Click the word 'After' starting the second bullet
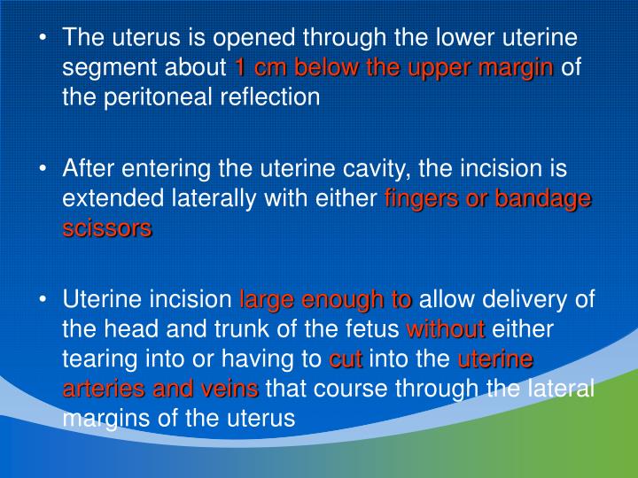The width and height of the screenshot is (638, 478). (x=89, y=168)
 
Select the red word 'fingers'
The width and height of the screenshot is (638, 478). (x=422, y=198)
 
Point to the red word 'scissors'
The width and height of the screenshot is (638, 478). (x=107, y=227)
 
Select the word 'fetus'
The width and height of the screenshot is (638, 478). (x=370, y=329)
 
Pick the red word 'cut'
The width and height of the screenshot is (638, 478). (x=346, y=358)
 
